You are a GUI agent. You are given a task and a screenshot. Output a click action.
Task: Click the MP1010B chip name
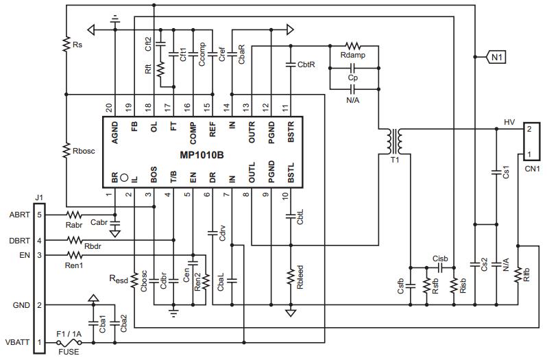coord(202,155)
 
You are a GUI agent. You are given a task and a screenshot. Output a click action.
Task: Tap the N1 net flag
coord(495,56)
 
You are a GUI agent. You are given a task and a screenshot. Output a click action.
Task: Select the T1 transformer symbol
coord(395,142)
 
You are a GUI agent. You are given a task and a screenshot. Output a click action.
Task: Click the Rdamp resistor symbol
coord(353,46)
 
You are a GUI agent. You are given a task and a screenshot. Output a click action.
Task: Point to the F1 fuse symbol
coord(69,343)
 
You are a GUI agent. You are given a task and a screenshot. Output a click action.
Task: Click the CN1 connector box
coord(532,141)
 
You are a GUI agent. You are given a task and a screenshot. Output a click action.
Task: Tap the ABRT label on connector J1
coord(19,215)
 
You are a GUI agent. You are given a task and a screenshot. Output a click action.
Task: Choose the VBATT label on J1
coord(17,342)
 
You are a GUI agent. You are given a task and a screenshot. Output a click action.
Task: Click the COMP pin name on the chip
coord(193,133)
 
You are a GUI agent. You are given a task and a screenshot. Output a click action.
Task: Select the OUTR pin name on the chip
coord(252,132)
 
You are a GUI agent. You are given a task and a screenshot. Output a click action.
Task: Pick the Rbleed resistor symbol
coord(291,277)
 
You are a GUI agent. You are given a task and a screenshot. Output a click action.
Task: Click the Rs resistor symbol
coord(66,45)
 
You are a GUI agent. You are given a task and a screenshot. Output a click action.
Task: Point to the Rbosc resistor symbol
coord(66,151)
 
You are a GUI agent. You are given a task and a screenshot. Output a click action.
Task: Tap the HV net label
coord(509,122)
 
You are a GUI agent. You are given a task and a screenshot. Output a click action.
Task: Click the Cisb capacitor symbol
coord(440,267)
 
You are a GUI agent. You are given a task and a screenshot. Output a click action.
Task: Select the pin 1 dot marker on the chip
coord(124,178)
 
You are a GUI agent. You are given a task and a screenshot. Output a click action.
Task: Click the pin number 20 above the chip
coord(109,108)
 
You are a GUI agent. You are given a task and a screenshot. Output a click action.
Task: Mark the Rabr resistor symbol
coord(73,215)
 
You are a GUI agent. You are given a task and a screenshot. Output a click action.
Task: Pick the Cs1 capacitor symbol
coord(496,172)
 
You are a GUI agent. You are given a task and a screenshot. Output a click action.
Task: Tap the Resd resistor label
coord(119,279)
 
